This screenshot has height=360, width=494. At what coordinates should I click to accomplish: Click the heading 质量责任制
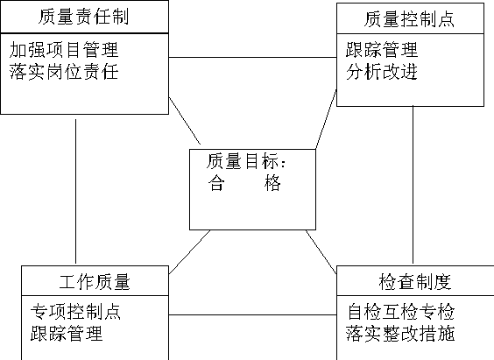[83, 17]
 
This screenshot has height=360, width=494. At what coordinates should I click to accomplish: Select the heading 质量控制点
[409, 19]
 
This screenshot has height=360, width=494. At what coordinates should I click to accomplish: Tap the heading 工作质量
[95, 281]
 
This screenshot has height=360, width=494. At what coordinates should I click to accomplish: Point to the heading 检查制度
[415, 281]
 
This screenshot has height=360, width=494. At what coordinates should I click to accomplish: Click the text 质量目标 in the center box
[242, 161]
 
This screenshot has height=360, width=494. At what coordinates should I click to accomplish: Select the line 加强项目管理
[64, 50]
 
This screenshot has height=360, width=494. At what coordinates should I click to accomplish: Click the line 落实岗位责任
[64, 72]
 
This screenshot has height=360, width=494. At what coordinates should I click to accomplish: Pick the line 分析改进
[382, 72]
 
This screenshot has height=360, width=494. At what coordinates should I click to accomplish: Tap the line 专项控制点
[75, 312]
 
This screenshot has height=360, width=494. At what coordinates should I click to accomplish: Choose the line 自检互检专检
[401, 312]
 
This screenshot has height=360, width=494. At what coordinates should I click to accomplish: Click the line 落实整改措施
[401, 334]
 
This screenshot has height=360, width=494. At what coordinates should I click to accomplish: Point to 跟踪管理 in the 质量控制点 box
[382, 50]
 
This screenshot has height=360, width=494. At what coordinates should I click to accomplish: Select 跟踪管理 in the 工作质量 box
[67, 334]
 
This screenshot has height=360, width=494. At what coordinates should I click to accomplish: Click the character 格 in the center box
[272, 183]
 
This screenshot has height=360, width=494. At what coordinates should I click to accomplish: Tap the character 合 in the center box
[216, 183]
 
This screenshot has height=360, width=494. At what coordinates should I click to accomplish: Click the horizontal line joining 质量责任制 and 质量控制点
[252, 57]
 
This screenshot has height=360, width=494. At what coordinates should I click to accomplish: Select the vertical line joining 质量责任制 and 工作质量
[75, 191]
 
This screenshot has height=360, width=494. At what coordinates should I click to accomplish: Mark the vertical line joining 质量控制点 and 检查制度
[413, 185]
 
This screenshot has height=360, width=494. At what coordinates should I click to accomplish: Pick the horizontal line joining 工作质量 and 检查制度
[252, 314]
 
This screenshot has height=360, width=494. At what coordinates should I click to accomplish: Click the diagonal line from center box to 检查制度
[321, 251]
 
